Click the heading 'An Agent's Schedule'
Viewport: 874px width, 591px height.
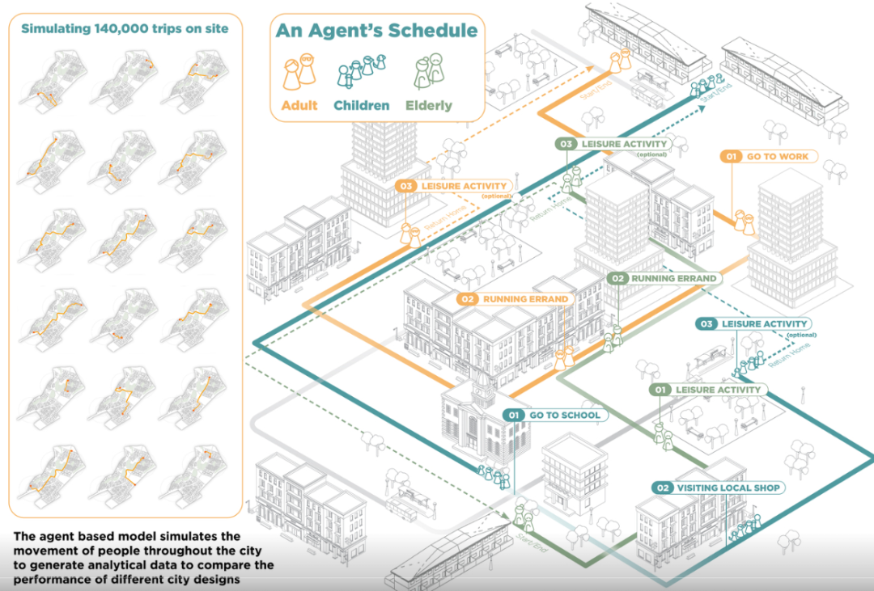[x=376, y=32]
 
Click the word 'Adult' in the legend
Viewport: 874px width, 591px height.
[x=298, y=105]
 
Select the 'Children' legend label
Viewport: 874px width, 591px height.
[x=362, y=105]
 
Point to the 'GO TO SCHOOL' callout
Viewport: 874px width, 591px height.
[x=565, y=415]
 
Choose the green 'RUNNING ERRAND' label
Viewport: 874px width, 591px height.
[x=673, y=278]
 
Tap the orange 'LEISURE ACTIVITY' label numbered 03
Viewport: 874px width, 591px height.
[x=464, y=186]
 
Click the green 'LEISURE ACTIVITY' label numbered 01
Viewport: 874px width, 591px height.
[x=718, y=390]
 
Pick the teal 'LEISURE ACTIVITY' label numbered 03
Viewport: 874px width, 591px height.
[x=764, y=323]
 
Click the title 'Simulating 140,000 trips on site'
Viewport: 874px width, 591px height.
[x=125, y=29]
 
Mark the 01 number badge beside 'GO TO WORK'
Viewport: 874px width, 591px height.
[x=732, y=156]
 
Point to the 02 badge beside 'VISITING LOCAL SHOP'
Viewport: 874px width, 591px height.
[x=664, y=488]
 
